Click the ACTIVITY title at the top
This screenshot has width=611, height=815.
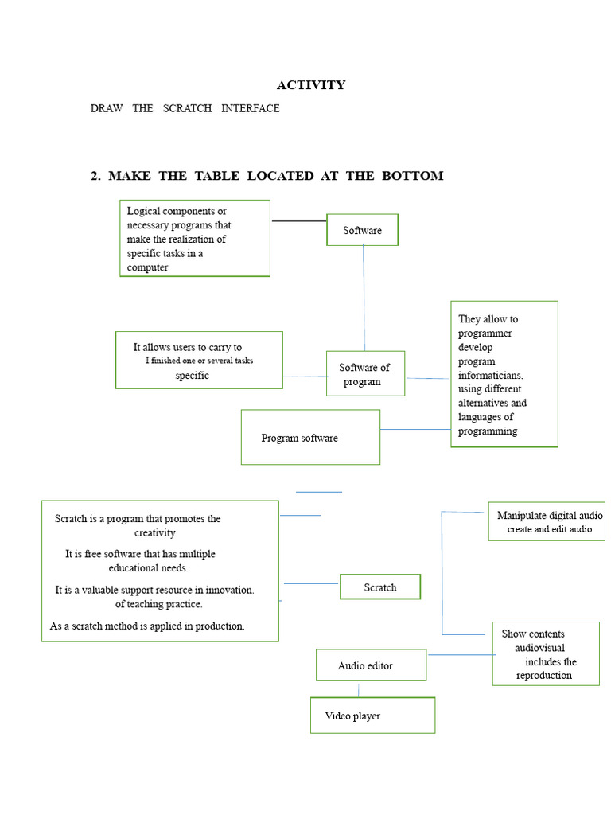(311, 84)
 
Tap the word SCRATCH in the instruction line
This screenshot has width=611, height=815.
(187, 108)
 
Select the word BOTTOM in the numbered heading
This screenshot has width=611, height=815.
(413, 176)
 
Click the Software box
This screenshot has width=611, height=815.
(362, 230)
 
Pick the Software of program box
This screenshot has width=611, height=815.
(365, 374)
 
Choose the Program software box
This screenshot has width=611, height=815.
(311, 437)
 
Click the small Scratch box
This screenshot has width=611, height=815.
(380, 587)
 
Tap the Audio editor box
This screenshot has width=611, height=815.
(372, 665)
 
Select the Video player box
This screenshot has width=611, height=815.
(372, 716)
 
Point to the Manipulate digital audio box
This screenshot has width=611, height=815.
(547, 521)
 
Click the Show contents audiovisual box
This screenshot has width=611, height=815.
(546, 654)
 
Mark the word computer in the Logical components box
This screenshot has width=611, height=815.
(147, 267)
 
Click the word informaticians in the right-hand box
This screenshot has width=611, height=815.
(490, 375)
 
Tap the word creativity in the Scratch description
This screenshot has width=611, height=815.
(155, 532)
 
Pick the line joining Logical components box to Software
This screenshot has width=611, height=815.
(299, 221)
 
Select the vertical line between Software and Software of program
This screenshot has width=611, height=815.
(364, 298)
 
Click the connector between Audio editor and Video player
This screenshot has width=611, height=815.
(359, 690)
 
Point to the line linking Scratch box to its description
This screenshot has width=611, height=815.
(311, 583)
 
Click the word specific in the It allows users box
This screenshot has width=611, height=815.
(193, 376)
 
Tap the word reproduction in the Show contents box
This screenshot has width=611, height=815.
(544, 675)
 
